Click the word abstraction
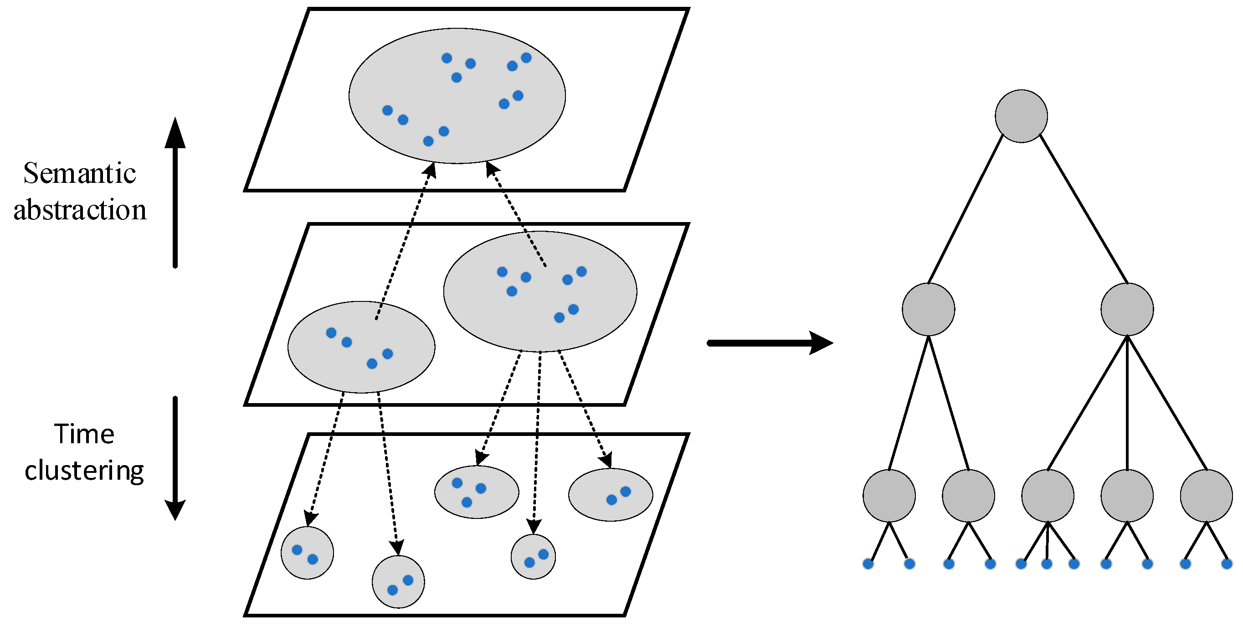[80, 210]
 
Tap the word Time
[84, 434]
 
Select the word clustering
[84, 470]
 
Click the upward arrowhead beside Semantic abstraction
[175, 133]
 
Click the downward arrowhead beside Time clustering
[175, 510]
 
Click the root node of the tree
[1021, 116]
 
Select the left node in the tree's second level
[929, 309]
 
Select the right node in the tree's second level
[1127, 309]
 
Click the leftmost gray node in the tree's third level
[889, 496]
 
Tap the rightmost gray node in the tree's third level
[1207, 496]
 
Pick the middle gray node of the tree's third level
[1048, 496]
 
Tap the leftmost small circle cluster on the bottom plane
[308, 553]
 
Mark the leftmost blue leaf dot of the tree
[868, 564]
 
